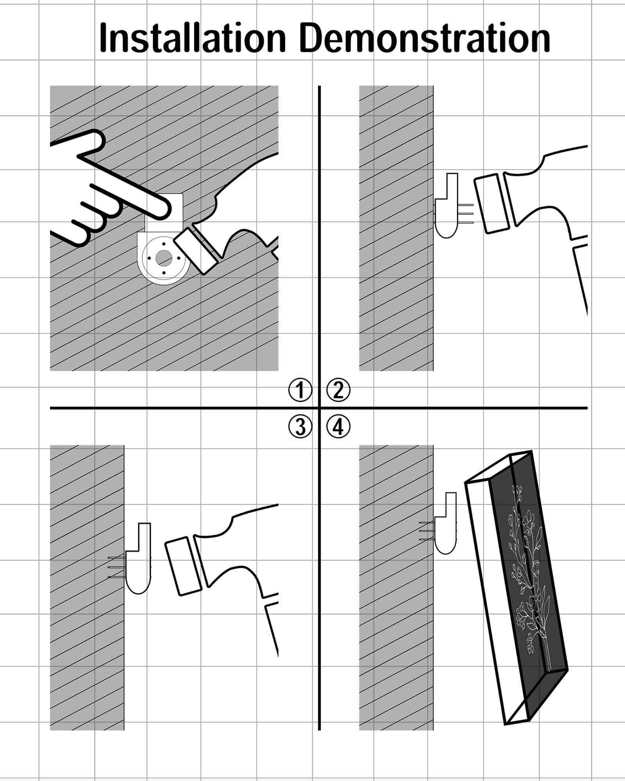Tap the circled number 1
pos(300,390)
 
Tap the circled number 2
pos(338,390)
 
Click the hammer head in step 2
pos(493,204)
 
